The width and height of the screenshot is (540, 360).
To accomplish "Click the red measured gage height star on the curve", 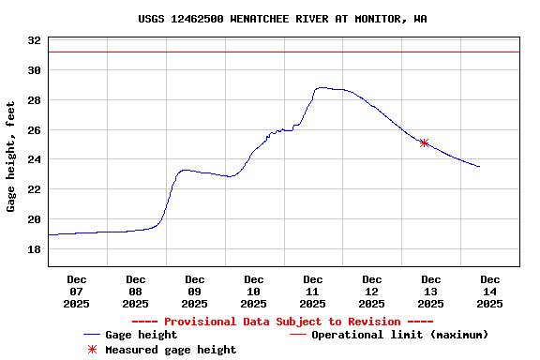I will point(424,143).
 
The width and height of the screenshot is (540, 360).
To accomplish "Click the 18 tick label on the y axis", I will point(34,249).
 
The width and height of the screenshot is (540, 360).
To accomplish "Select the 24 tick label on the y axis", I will point(34,159).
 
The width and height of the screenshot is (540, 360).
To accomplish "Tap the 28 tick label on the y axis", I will point(34,100).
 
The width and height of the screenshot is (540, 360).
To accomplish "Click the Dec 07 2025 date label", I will point(77,291).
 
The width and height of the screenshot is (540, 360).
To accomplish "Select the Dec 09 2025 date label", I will point(195,291).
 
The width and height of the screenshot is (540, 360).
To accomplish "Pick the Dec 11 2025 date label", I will point(313,291).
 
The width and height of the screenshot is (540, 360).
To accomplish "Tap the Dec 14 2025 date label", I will point(489,291).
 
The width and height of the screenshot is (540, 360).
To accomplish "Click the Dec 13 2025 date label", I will point(430,291).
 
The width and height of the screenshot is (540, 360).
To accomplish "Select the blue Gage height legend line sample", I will point(92,335).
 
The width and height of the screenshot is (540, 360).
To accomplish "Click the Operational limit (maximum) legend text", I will point(399,335).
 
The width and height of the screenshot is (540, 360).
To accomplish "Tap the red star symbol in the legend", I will point(92,350).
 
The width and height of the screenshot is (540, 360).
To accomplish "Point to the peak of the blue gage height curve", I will point(322,87).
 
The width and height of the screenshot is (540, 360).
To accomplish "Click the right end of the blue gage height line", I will point(479,167).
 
